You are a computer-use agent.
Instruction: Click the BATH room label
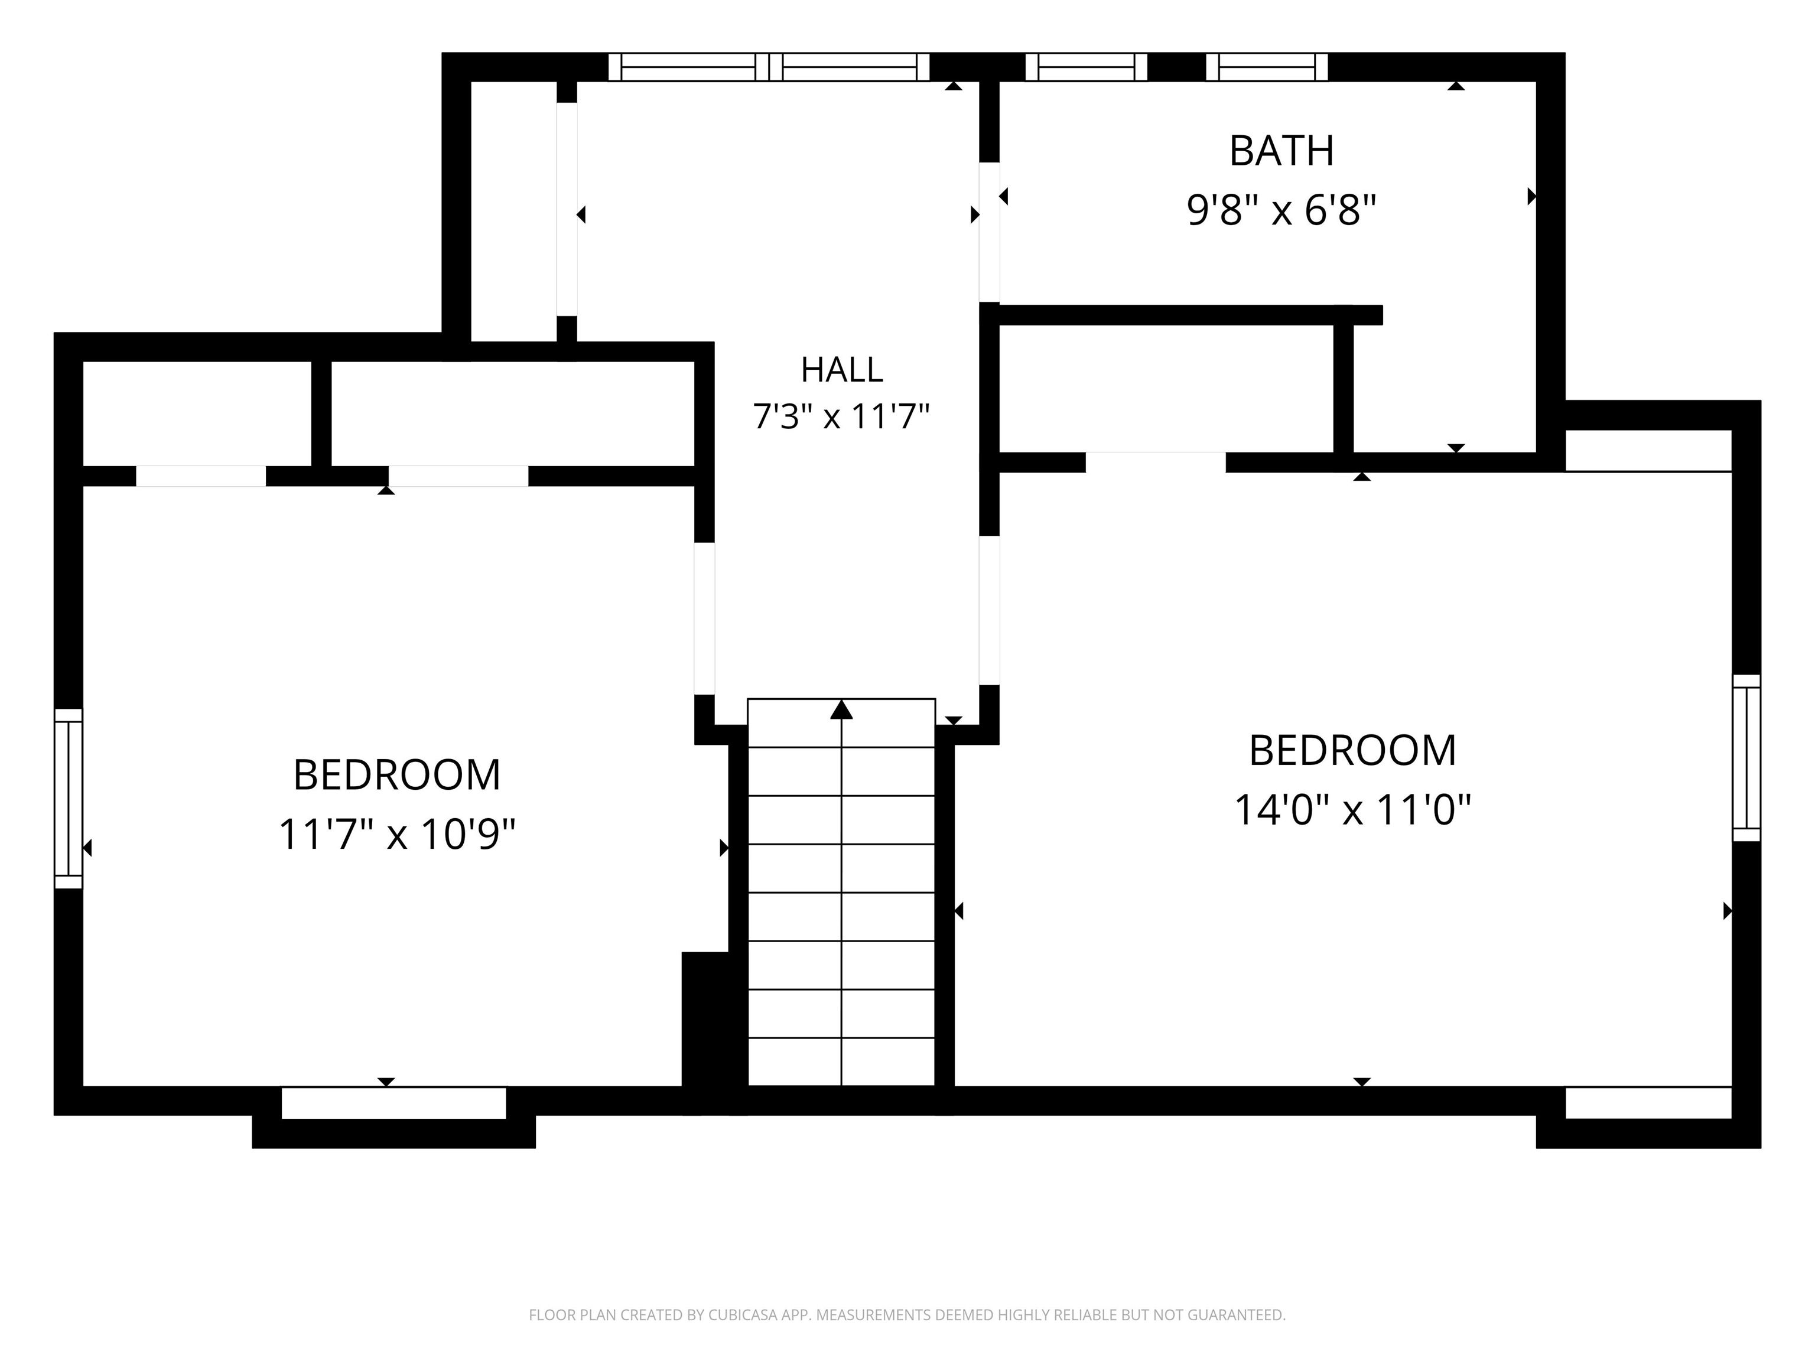[1281, 151]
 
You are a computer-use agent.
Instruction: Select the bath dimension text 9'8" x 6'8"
[1281, 210]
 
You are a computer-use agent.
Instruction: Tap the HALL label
[842, 370]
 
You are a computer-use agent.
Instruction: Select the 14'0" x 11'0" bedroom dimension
[1352, 810]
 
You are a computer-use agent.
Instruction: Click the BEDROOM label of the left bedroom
[397, 775]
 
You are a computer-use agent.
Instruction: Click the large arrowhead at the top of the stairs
[841, 709]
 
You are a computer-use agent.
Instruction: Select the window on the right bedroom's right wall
[1746, 758]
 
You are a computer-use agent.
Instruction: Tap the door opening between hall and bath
[988, 232]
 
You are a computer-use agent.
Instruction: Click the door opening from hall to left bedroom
[704, 618]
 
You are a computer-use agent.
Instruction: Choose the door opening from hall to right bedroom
[988, 610]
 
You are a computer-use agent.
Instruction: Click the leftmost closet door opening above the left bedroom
[201, 476]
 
